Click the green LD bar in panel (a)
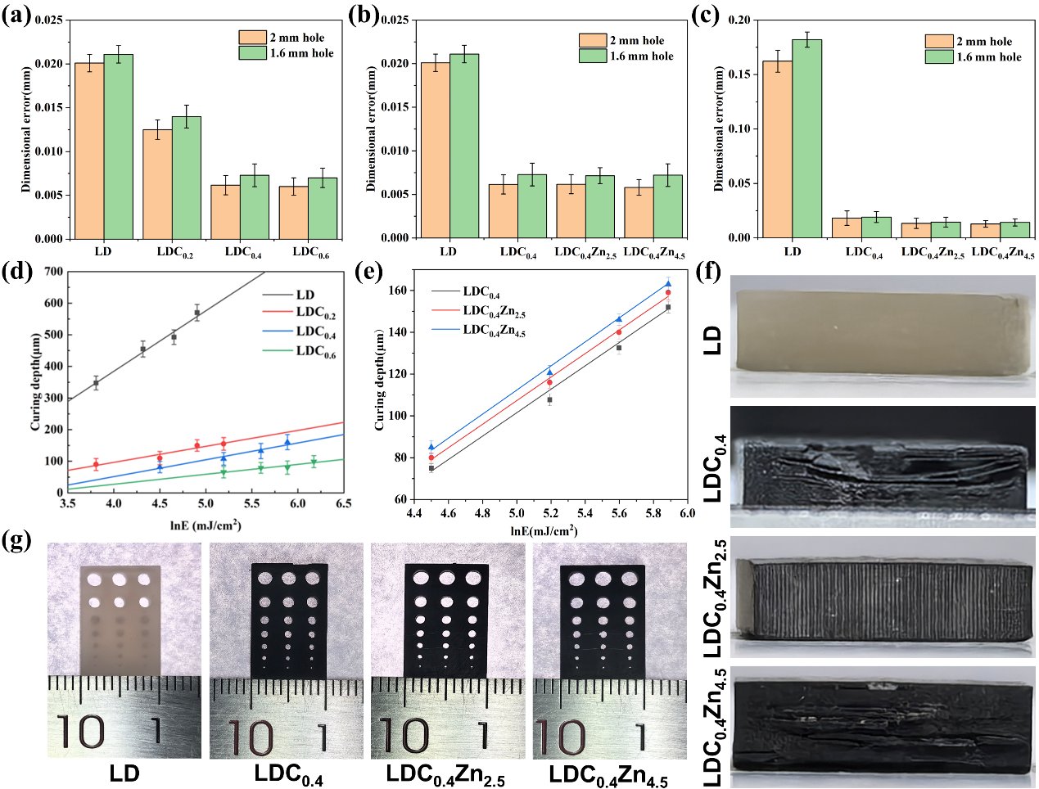(118, 147)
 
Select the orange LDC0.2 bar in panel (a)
(157, 184)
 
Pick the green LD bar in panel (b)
(464, 147)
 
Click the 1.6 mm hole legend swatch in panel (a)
(252, 53)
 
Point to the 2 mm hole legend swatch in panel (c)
(939, 42)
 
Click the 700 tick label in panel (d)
(53, 272)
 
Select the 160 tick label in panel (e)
(399, 291)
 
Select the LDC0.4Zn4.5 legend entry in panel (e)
(494, 331)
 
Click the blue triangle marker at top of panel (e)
(668, 284)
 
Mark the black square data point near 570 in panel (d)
(197, 313)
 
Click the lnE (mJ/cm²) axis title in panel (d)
(206, 525)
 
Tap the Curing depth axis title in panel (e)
(380, 381)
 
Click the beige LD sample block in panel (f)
(880, 335)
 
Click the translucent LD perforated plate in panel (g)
(120, 618)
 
